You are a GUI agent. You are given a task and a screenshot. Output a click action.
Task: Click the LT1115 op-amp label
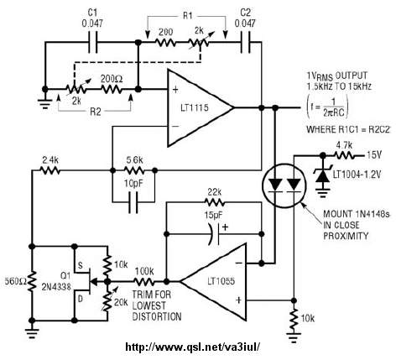pyautogui.click(x=194, y=107)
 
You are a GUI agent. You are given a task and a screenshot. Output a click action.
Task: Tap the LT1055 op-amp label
pyautogui.click(x=221, y=281)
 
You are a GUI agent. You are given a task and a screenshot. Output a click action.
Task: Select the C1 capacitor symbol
pyautogui.click(x=93, y=43)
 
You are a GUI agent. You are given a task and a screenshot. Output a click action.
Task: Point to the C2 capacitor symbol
pyautogui.click(x=246, y=43)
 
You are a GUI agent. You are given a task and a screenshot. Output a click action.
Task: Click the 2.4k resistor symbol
pyautogui.click(x=49, y=170)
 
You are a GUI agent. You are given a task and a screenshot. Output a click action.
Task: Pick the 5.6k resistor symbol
pyautogui.click(x=134, y=170)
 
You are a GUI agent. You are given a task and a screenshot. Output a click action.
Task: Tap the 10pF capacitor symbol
pyautogui.click(x=133, y=202)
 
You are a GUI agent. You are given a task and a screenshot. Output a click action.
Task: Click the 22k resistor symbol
pyautogui.click(x=215, y=202)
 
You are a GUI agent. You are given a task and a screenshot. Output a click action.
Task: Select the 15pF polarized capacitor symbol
pyautogui.click(x=215, y=234)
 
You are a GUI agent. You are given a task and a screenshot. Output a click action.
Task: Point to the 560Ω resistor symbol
pyautogui.click(x=32, y=282)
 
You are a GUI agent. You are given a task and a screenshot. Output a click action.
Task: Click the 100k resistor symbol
pyautogui.click(x=144, y=281)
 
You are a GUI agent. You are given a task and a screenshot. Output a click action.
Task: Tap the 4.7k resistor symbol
pyautogui.click(x=345, y=155)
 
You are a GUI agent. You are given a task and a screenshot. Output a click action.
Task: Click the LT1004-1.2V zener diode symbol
pyautogui.click(x=323, y=175)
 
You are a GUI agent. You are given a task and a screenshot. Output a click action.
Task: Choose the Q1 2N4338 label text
pyautogui.click(x=56, y=281)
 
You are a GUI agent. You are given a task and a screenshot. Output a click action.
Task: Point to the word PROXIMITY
pyautogui.click(x=346, y=236)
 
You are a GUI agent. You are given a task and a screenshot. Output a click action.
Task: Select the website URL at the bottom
pyautogui.click(x=193, y=347)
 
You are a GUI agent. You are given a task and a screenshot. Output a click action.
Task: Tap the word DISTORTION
pyautogui.click(x=157, y=316)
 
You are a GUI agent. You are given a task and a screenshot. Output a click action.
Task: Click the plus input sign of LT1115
pyautogui.click(x=175, y=90)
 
